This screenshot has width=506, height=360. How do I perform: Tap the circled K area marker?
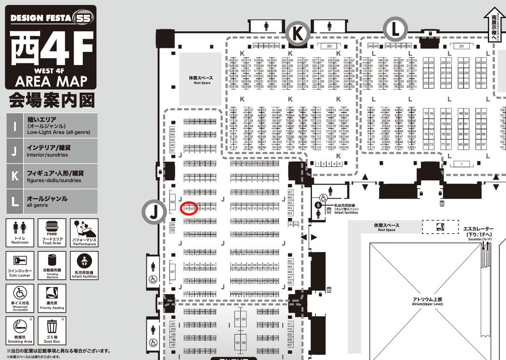[x=298, y=34]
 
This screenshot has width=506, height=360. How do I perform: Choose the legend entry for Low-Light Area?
[x=51, y=125]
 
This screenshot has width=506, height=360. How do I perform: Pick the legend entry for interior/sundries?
[x=51, y=151]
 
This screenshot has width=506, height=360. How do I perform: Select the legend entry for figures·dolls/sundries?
[x=51, y=176]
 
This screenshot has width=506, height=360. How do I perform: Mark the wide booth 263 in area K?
[x=329, y=46]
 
